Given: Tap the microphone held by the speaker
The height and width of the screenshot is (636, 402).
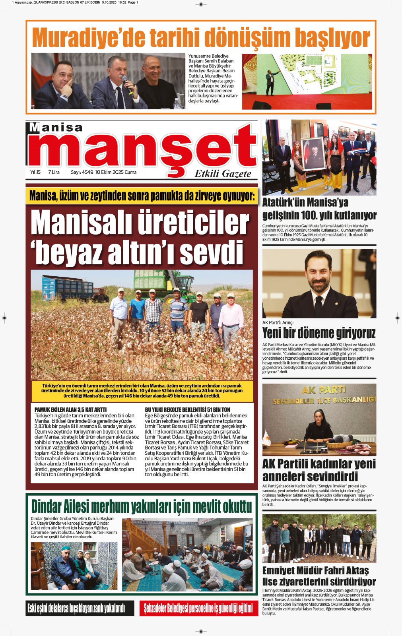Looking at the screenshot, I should click(x=127, y=84).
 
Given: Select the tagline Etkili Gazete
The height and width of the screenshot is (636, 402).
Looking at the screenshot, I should click(x=223, y=174).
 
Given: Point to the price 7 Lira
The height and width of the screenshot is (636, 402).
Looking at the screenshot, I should click(x=54, y=172).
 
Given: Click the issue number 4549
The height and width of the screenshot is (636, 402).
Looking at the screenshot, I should click(x=87, y=172).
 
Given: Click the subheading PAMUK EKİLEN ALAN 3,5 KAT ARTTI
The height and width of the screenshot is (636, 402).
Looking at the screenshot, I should click(x=70, y=409).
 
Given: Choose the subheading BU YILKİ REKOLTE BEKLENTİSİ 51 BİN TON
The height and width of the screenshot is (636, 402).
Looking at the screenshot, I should click(x=187, y=409).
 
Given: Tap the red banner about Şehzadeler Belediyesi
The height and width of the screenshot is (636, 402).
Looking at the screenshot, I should click(x=198, y=608).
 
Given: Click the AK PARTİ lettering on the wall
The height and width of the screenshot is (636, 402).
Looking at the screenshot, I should click(x=323, y=390).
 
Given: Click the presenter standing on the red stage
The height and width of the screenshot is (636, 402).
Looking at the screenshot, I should click(x=271, y=81).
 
